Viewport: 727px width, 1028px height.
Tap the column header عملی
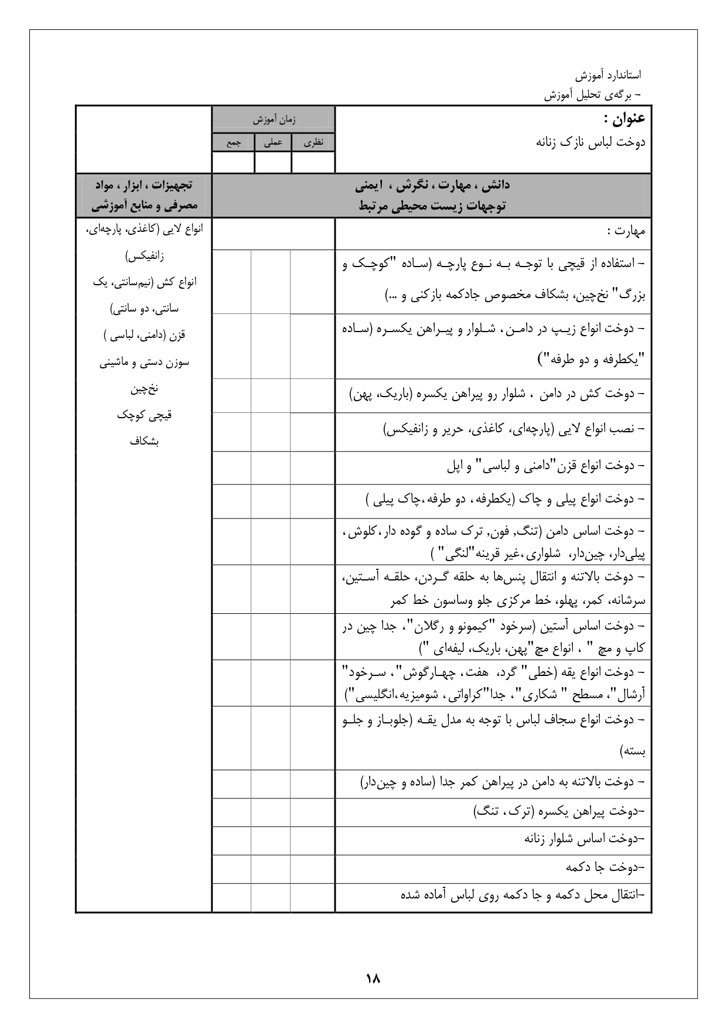point(273,142)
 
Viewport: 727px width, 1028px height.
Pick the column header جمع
point(233,142)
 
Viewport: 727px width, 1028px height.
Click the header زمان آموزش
point(274,120)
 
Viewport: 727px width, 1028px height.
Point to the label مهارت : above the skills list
point(626,231)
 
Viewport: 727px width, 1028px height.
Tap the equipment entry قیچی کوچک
point(144,415)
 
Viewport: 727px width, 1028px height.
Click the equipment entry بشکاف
point(144,442)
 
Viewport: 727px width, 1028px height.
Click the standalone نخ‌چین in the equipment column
point(144,389)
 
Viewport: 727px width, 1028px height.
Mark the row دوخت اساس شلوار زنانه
point(584,839)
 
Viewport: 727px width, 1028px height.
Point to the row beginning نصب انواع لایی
point(514,431)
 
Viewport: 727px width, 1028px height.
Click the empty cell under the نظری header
point(313,162)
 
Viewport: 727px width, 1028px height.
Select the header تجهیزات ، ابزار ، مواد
point(144,185)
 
